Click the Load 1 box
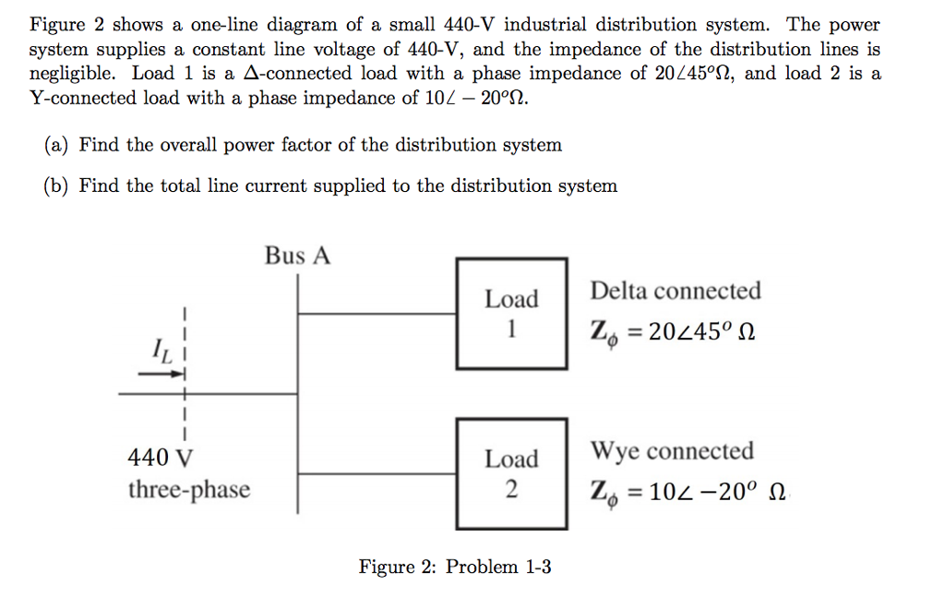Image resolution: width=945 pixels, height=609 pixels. click(511, 314)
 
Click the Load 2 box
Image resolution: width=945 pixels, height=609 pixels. click(511, 473)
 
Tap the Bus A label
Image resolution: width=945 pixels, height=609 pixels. click(297, 256)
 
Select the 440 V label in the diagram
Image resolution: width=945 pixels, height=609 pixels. click(161, 458)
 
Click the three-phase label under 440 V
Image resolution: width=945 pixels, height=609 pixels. click(188, 489)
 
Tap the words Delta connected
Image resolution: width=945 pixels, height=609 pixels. click(676, 292)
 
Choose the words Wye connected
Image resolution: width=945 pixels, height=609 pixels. click(672, 451)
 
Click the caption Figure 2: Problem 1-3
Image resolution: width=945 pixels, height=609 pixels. click(455, 567)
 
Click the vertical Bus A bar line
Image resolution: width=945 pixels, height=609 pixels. click(298, 388)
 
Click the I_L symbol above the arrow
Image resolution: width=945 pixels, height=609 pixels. click(160, 351)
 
